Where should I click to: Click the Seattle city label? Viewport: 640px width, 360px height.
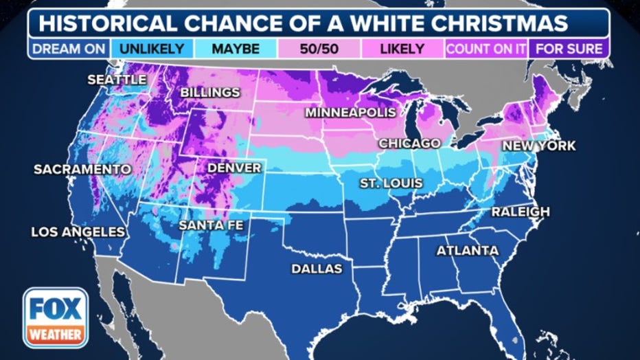click(x=117, y=80)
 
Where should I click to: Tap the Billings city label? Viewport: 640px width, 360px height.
click(x=210, y=92)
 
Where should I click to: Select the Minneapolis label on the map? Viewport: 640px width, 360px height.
click(x=351, y=112)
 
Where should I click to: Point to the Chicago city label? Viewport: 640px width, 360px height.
click(x=409, y=143)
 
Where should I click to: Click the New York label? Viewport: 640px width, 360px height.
click(x=538, y=146)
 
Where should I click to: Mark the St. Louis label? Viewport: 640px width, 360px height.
click(x=391, y=183)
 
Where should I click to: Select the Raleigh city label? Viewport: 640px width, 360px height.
click(x=521, y=212)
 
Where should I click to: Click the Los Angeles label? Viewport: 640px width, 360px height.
click(x=78, y=232)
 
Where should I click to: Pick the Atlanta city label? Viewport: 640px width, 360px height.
click(x=468, y=251)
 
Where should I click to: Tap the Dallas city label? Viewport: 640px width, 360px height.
click(x=317, y=269)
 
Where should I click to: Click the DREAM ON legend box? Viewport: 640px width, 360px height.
click(x=69, y=49)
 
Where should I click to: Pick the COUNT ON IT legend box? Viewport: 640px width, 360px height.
click(x=488, y=49)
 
